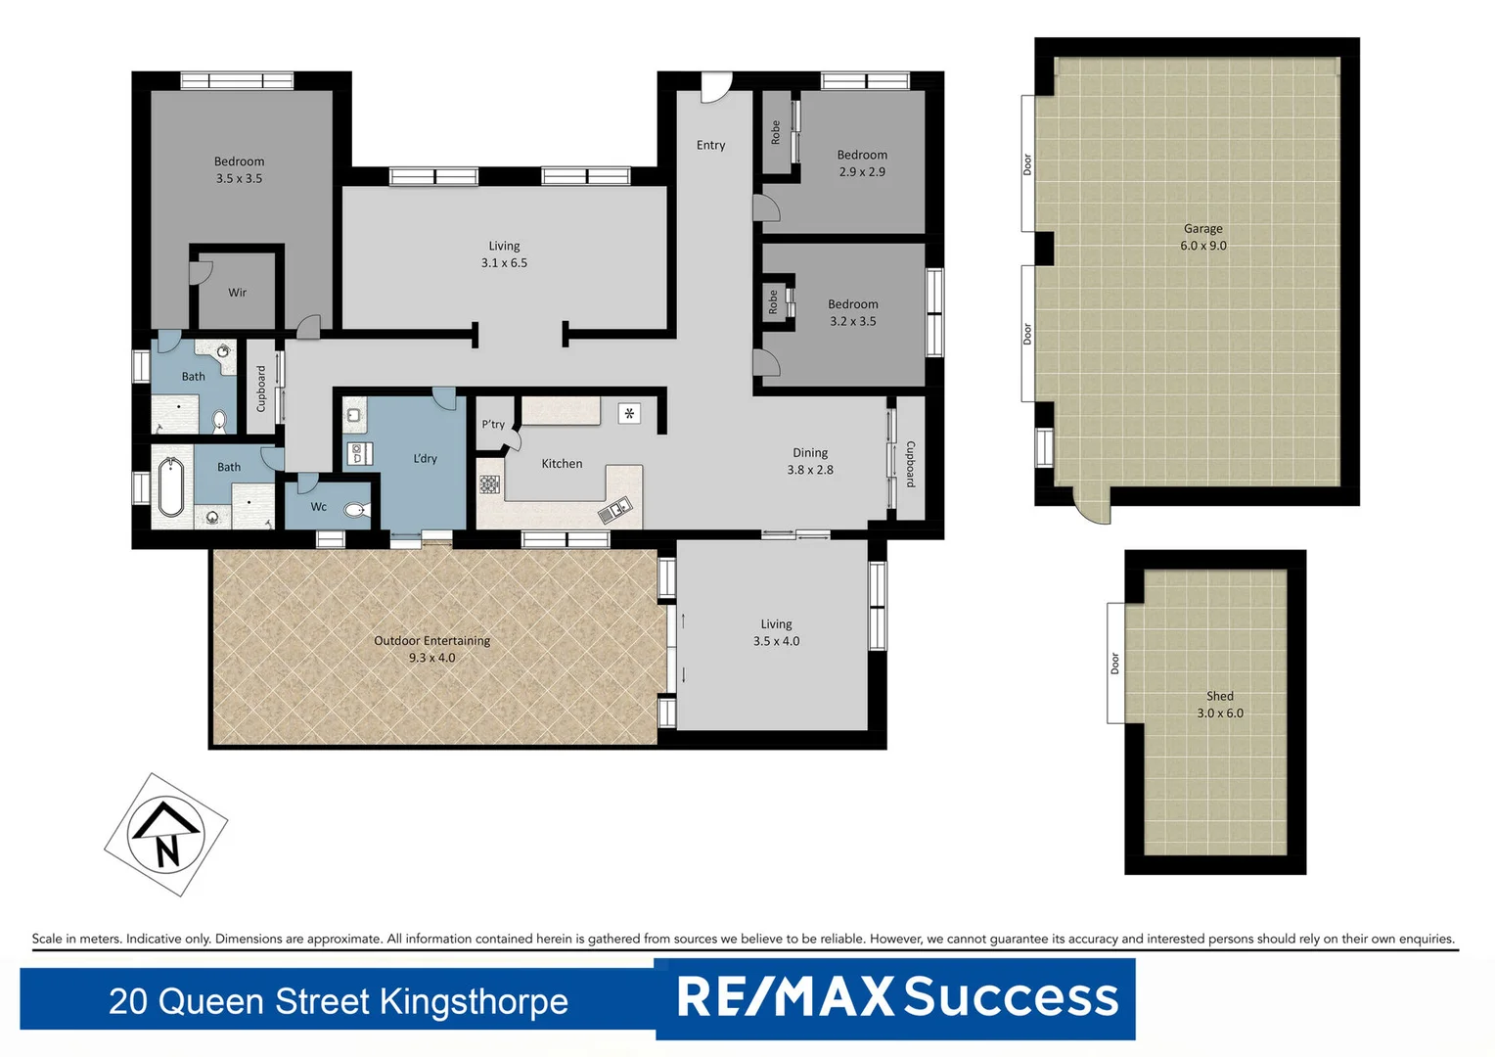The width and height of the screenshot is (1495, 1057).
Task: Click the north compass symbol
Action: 165,835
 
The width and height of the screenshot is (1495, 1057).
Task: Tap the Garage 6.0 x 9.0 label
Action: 1202,237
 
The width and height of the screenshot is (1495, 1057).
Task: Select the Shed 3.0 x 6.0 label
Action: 1219,705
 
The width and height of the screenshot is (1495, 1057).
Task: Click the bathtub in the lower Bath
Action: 171,486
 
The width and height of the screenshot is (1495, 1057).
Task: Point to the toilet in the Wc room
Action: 355,509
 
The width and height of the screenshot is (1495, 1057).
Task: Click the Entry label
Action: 710,145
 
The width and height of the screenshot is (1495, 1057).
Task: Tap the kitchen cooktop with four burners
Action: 489,484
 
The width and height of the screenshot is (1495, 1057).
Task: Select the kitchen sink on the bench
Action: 615,509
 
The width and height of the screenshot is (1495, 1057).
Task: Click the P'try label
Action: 493,424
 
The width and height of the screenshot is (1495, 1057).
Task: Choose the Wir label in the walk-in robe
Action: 237,293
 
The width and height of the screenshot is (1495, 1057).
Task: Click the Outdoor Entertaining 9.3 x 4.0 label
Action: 431,649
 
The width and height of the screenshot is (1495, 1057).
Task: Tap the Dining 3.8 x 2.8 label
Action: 810,461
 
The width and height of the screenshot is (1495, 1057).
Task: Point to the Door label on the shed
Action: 1114,664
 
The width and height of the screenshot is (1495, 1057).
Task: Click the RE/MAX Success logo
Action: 896,997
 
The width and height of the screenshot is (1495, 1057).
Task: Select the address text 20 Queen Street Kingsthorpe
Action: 338,1001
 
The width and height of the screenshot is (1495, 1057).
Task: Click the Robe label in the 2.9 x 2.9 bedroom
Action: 776,132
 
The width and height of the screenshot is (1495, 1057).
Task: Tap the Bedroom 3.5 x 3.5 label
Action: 239,169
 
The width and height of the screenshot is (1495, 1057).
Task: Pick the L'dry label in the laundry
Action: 425,458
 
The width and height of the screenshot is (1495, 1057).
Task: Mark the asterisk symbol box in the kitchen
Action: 629,414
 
